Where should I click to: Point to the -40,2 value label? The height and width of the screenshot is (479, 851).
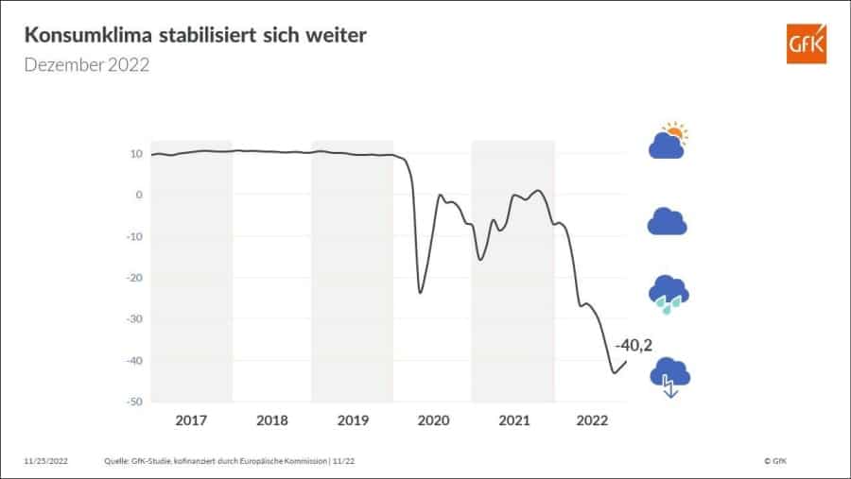[x=634, y=345]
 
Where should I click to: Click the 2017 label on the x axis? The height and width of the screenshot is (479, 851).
[x=192, y=419]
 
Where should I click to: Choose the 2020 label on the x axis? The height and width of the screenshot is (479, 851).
[x=432, y=419]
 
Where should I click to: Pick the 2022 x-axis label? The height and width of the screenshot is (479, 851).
[x=592, y=419]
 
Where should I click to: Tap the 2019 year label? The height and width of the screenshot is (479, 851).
[x=352, y=419]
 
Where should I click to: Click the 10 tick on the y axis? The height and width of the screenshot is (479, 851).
[x=136, y=154]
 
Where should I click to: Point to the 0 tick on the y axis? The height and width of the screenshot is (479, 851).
[x=139, y=195]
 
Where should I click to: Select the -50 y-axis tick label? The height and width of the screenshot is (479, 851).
[x=134, y=402]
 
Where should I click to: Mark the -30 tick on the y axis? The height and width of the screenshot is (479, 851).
[x=134, y=319]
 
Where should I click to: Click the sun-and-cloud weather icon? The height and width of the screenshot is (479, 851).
[x=668, y=141]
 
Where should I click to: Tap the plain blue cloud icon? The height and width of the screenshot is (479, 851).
[x=667, y=221]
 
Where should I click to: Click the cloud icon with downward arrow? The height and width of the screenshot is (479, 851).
[x=669, y=377]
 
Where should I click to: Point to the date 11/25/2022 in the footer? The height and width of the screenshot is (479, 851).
[x=46, y=460]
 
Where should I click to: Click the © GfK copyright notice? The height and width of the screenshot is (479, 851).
[x=774, y=460]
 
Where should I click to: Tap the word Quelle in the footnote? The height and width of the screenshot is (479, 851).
[x=116, y=460]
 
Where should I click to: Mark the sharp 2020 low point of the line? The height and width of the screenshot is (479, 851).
[x=420, y=292]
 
